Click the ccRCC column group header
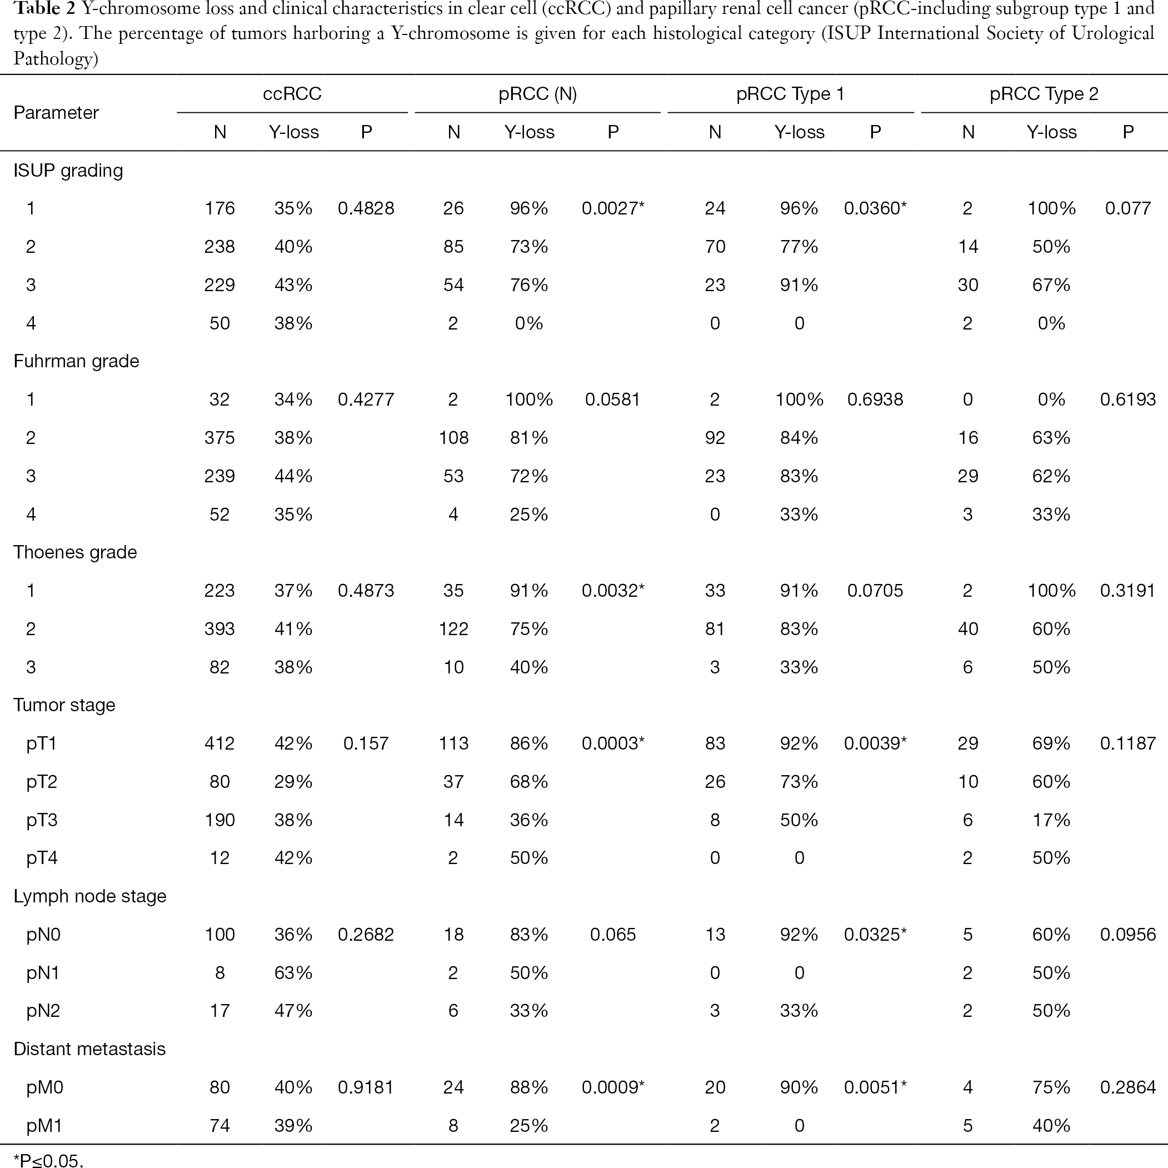[292, 94]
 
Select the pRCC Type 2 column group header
[1044, 94]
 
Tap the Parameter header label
[56, 112]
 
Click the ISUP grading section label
[68, 171]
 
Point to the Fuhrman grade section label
[76, 362]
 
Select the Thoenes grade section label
[75, 552]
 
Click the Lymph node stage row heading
[89, 896]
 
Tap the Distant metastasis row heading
[89, 1049]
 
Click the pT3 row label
[42, 820]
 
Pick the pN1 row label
[43, 973]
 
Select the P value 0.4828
[366, 208]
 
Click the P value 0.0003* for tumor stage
[613, 743]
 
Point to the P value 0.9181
[366, 1087]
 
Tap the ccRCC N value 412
[219, 743]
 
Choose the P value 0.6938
[875, 400]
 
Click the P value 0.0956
[1127, 935]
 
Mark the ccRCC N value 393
[219, 629]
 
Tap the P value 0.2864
[1127, 1087]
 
